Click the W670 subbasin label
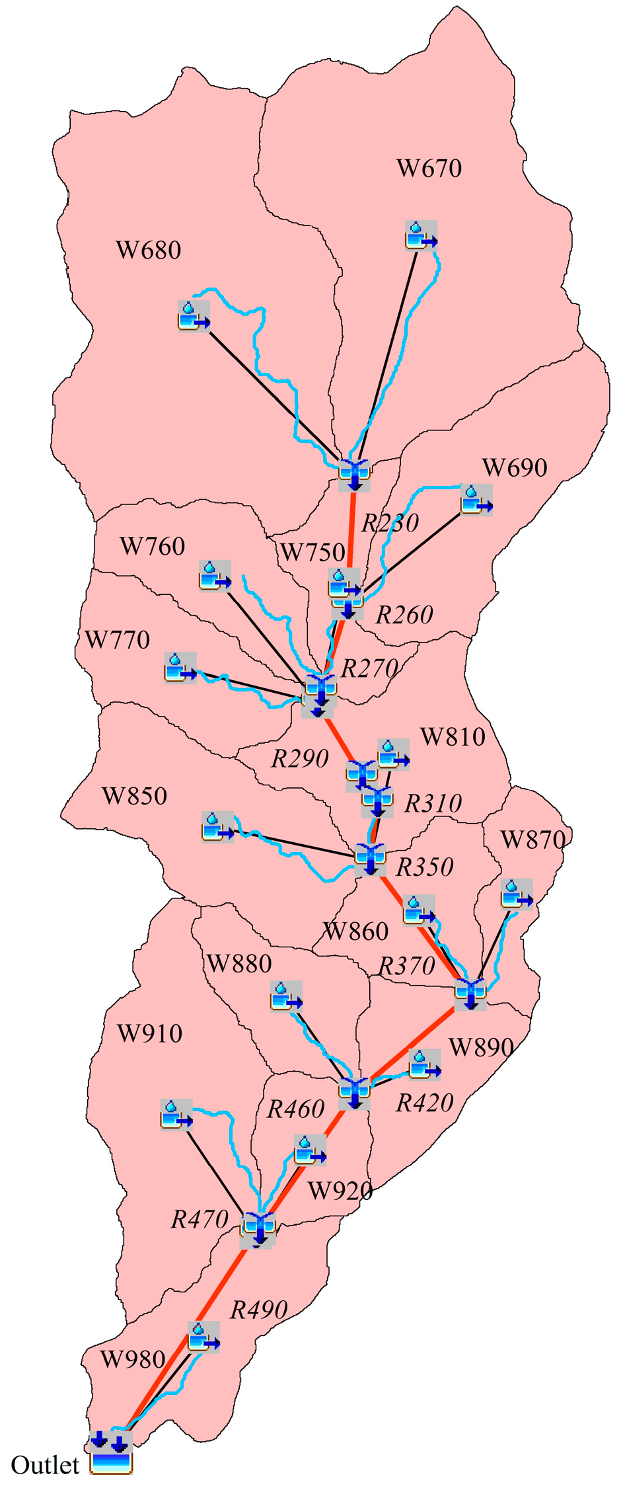click(x=429, y=169)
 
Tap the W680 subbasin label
click(x=148, y=251)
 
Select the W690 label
click(x=515, y=468)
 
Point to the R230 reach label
click(x=390, y=523)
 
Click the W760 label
click(x=152, y=547)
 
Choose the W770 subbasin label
click(x=118, y=640)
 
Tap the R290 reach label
click(x=300, y=759)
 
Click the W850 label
click(x=134, y=796)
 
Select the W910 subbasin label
click(x=149, y=1033)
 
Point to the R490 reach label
click(x=258, y=1310)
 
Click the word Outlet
click(x=45, y=1465)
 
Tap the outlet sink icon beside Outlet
click(x=111, y=1463)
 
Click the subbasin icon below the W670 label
click(x=421, y=235)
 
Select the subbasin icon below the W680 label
click(x=194, y=316)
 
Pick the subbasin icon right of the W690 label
click(x=476, y=500)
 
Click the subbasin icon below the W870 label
click(x=517, y=894)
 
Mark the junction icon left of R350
click(x=370, y=859)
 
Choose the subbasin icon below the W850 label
click(x=217, y=826)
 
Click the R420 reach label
click(x=424, y=1103)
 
